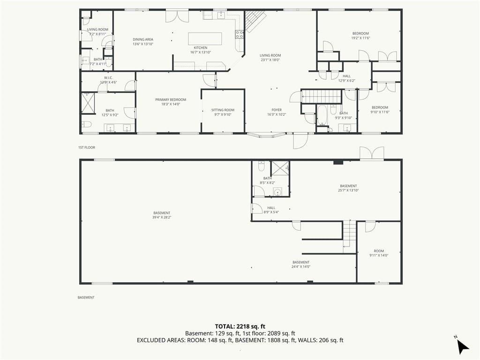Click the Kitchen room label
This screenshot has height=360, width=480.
click(201, 48)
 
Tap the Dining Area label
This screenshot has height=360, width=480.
click(143, 39)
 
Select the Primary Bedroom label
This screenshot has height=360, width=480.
click(171, 99)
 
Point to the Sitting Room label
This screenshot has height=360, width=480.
click(223, 110)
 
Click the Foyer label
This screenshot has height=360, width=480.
click(277, 110)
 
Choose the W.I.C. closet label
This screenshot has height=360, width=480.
click(108, 78)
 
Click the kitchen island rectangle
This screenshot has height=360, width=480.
click(205, 39)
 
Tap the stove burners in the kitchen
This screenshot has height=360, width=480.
click(240, 34)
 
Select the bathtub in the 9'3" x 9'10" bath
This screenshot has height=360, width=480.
click(322, 115)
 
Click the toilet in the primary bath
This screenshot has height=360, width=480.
click(86, 124)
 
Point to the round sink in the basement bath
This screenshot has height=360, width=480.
click(277, 192)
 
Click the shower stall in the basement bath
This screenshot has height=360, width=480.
click(280, 168)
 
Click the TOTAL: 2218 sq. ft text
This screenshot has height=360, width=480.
click(240, 326)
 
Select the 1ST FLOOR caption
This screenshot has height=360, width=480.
click(87, 148)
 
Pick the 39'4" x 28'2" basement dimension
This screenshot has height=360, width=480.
click(162, 217)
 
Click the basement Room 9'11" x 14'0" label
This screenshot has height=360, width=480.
click(379, 253)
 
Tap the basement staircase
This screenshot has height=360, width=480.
click(349, 236)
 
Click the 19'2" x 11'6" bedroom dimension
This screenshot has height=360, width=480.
click(360, 38)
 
